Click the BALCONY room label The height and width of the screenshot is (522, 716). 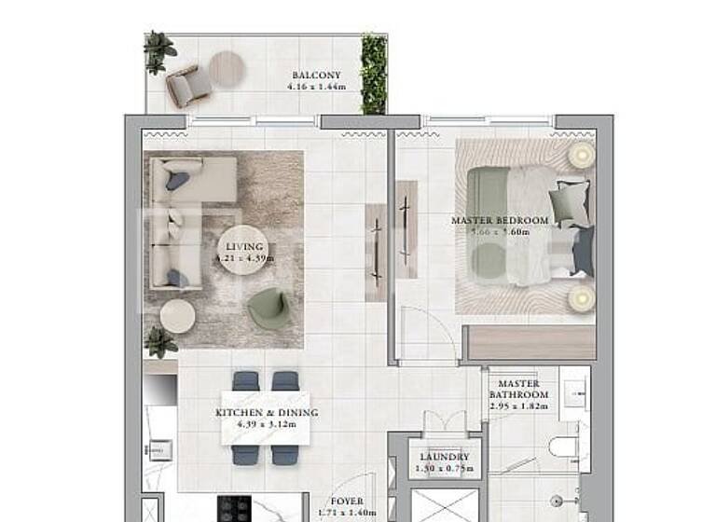pyautogui.click(x=316, y=76)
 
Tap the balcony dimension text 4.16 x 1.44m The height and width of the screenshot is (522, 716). pyautogui.click(x=316, y=87)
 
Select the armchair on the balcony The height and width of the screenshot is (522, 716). pyautogui.click(x=189, y=86)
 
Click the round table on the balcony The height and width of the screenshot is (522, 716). pyautogui.click(x=227, y=67)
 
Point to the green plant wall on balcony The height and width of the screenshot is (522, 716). pyautogui.click(x=374, y=74)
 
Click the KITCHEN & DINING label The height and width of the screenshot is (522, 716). pyautogui.click(x=267, y=413)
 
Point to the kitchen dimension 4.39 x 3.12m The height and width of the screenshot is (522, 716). pyautogui.click(x=267, y=424)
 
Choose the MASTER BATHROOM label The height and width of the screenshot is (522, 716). pyautogui.click(x=518, y=389)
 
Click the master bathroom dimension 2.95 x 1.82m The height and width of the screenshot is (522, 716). pyautogui.click(x=519, y=406)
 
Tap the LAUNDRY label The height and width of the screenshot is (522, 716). pyautogui.click(x=445, y=458)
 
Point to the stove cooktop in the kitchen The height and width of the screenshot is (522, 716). pyautogui.click(x=234, y=509)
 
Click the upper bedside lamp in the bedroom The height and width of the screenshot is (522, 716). pyautogui.click(x=581, y=155)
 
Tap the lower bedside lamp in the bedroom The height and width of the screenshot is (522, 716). pyautogui.click(x=581, y=297)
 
